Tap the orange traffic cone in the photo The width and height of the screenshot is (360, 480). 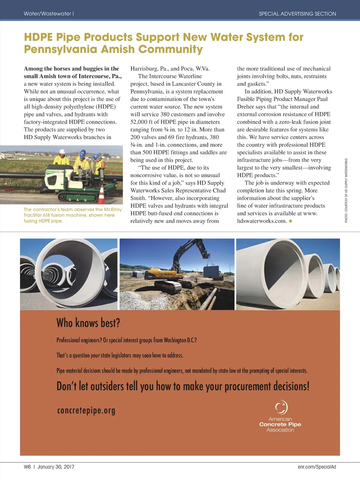(x=102, y=195)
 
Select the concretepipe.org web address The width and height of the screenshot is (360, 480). (x=86, y=410)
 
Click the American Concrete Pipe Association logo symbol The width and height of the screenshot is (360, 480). (x=281, y=407)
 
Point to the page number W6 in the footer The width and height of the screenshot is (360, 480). (x=27, y=467)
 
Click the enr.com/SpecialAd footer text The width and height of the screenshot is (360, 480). (x=317, y=467)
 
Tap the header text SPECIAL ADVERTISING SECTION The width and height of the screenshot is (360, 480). (x=297, y=14)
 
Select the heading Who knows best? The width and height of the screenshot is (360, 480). (x=88, y=322)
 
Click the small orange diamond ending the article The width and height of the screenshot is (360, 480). (x=290, y=221)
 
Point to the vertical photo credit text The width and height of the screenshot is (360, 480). (x=346, y=190)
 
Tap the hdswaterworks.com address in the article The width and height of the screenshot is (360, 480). (x=262, y=221)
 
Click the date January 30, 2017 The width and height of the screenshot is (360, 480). (x=56, y=467)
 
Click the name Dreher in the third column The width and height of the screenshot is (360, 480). (x=246, y=107)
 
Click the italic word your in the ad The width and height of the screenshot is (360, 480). (x=95, y=356)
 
